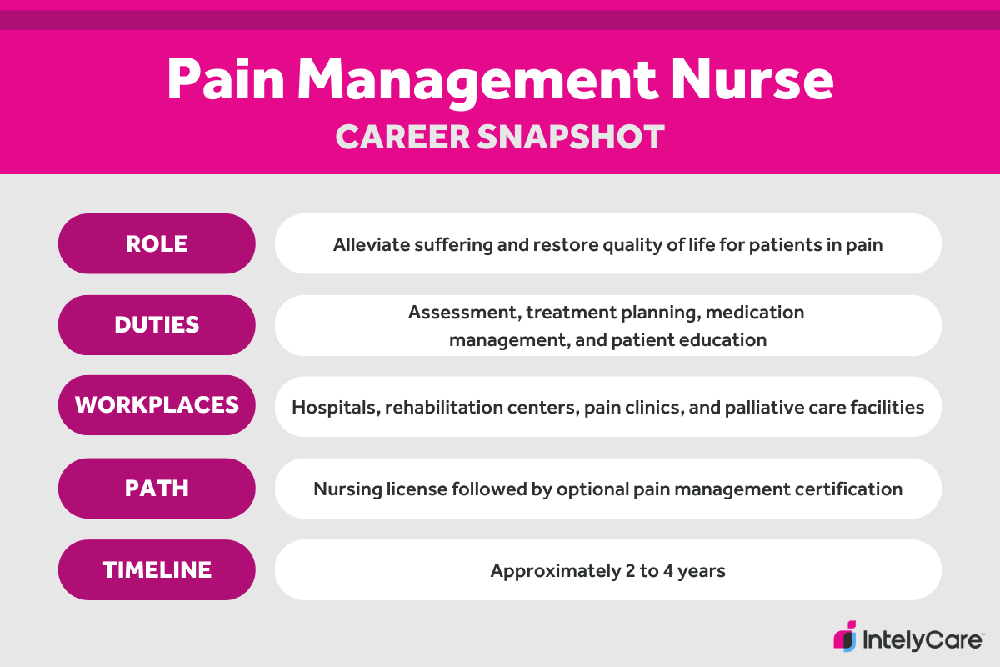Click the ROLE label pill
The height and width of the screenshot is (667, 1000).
click(157, 243)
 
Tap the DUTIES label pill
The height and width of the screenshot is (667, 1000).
click(157, 324)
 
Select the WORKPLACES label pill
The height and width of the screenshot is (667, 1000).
click(157, 405)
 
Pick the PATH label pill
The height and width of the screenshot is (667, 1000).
click(157, 488)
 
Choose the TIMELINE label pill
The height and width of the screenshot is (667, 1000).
click(157, 569)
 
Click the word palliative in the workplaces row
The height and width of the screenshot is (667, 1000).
click(778, 408)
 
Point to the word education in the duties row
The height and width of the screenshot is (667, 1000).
click(726, 339)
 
